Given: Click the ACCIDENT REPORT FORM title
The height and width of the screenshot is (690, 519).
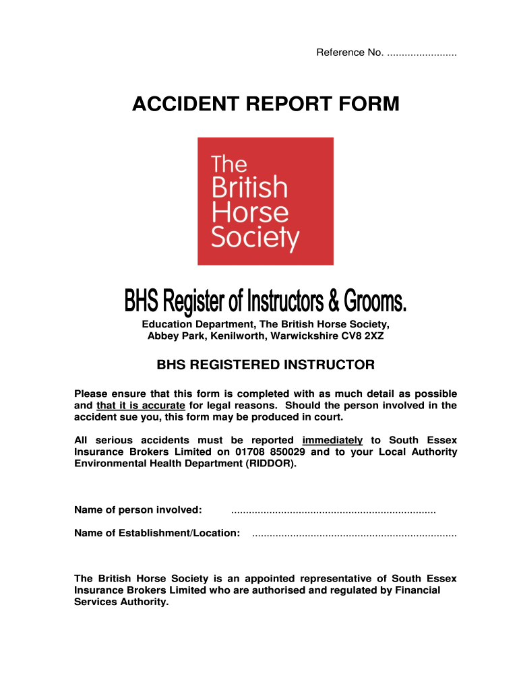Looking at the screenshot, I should tap(265, 104).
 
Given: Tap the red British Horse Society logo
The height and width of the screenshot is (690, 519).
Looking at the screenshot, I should tap(265, 201).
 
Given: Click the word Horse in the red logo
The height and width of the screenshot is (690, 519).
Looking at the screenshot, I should tap(250, 212).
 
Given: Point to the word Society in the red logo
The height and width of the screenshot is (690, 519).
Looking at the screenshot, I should tap(255, 238).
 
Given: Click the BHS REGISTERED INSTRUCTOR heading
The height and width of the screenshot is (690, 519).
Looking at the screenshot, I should tap(266, 365).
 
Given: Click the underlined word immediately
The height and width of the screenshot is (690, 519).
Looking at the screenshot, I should tap(332, 440).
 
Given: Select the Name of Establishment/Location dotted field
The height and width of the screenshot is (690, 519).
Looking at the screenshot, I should tap(353, 534).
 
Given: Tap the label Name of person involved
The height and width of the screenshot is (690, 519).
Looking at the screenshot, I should tap(138, 509).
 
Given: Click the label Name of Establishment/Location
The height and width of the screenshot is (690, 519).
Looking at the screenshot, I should tap(156, 533).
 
